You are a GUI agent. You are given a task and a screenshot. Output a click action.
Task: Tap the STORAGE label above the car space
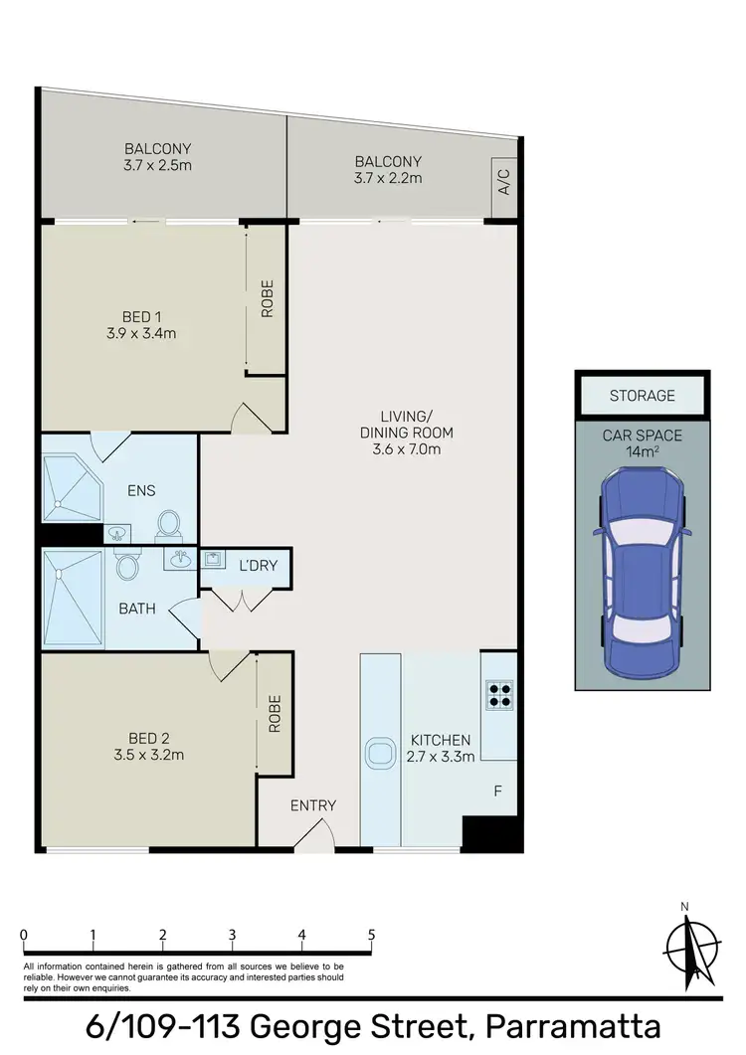[642, 396]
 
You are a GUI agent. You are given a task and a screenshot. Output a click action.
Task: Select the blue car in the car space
[642, 570]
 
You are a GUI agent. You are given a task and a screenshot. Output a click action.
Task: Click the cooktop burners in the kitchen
[497, 693]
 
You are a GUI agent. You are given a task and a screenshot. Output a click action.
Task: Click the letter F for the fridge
[497, 792]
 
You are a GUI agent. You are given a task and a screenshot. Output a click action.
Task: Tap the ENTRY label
[313, 805]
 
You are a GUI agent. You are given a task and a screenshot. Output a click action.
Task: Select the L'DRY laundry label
[258, 567]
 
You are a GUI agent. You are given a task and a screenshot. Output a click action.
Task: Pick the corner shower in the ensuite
[72, 487]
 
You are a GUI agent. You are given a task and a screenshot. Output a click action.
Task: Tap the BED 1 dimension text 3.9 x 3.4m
[143, 334]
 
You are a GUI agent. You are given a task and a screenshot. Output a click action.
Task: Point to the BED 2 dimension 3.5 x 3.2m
[149, 755]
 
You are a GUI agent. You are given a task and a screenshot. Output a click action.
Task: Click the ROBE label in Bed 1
[267, 298]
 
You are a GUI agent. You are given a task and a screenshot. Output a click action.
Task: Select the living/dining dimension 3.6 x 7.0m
[406, 448]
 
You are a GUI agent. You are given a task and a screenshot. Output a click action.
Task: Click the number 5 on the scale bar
[371, 935]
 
